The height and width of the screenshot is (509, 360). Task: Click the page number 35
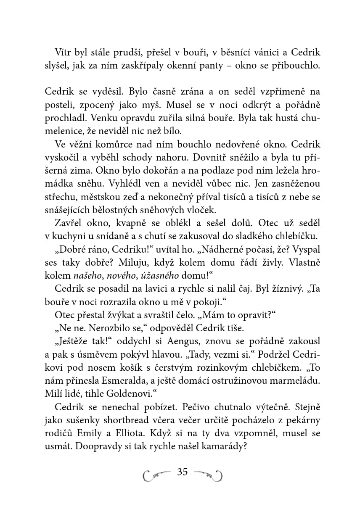[x=183, y=472]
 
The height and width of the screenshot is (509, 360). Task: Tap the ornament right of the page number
[x=209, y=475]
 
